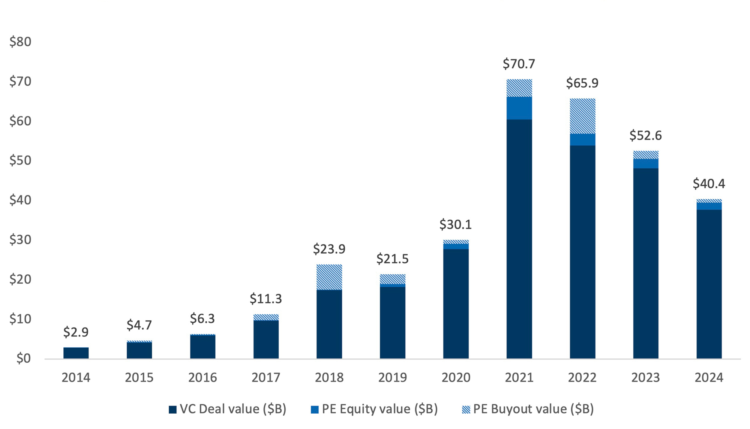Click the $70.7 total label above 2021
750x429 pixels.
tap(519, 64)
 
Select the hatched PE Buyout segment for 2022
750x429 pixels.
tap(582, 116)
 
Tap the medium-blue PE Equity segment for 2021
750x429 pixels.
tap(519, 108)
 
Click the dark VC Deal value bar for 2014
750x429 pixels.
tap(76, 353)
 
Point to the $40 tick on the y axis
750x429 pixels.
tap(20, 200)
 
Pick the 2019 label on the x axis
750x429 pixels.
tap(392, 377)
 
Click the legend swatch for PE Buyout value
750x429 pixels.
tap(466, 409)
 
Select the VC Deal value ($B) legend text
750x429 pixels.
tap(233, 409)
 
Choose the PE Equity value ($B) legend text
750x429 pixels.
tap(379, 409)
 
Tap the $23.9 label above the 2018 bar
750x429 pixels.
tap(329, 249)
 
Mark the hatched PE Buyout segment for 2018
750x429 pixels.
tap(329, 277)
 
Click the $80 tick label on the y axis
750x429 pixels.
tap(20, 42)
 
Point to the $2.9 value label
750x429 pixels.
tap(76, 332)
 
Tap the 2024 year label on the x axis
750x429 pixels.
tap(709, 377)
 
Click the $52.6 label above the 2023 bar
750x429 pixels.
tap(645, 135)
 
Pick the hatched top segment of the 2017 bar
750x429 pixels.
tap(266, 317)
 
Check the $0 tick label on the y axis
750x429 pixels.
tap(23, 359)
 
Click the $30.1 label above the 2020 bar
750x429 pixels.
tap(455, 224)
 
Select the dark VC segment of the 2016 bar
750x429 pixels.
tap(202, 347)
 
